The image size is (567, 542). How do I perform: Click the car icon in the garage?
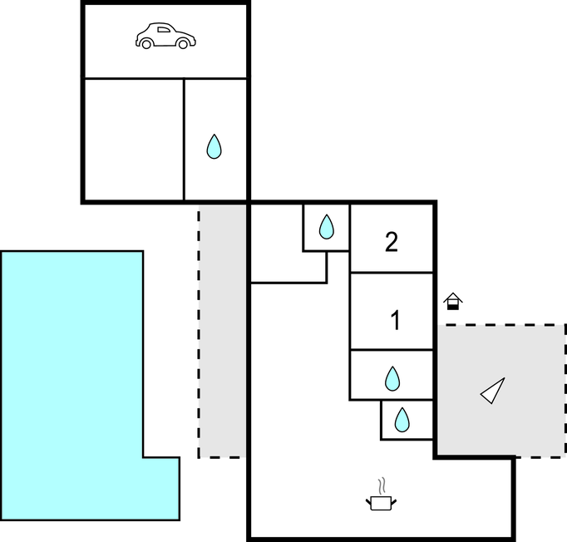click(x=165, y=37)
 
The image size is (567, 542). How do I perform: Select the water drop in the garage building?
click(x=214, y=147)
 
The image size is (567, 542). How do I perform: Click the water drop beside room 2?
click(x=326, y=226)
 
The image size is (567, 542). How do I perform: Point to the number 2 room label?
click(x=392, y=242)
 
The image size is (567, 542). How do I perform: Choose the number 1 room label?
click(x=396, y=320)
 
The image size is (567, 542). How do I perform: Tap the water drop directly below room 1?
click(x=392, y=379)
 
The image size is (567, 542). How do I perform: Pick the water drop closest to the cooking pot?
click(x=402, y=420)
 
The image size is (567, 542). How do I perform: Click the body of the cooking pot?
click(x=381, y=502)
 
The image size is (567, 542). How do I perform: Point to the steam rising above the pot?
click(x=382, y=485)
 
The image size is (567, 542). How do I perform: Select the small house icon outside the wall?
click(x=452, y=301)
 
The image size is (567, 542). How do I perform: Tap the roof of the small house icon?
click(x=452, y=296)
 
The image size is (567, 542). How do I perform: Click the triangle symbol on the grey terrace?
click(x=493, y=390)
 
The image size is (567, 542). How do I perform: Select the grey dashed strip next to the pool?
click(x=222, y=333)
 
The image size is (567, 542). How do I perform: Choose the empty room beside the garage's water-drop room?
click(x=133, y=139)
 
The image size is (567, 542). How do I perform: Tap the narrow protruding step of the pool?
click(x=161, y=488)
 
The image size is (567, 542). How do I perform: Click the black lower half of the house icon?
click(x=452, y=305)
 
